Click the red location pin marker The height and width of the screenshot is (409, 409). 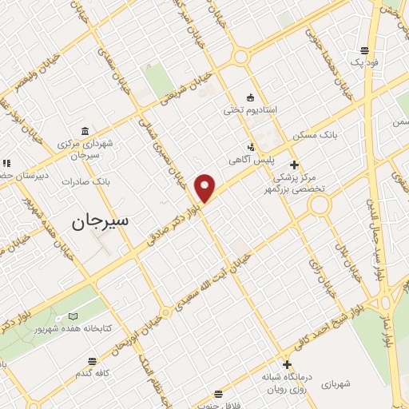[x=206, y=188]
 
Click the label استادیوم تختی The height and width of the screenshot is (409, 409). [x=249, y=109]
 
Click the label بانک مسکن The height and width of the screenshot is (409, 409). [x=315, y=136]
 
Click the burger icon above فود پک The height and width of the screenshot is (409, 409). [x=365, y=49]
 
